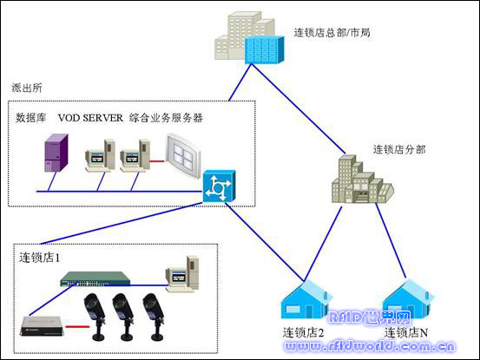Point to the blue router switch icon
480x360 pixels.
click(x=215, y=187)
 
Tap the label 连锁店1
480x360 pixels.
click(x=40, y=258)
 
